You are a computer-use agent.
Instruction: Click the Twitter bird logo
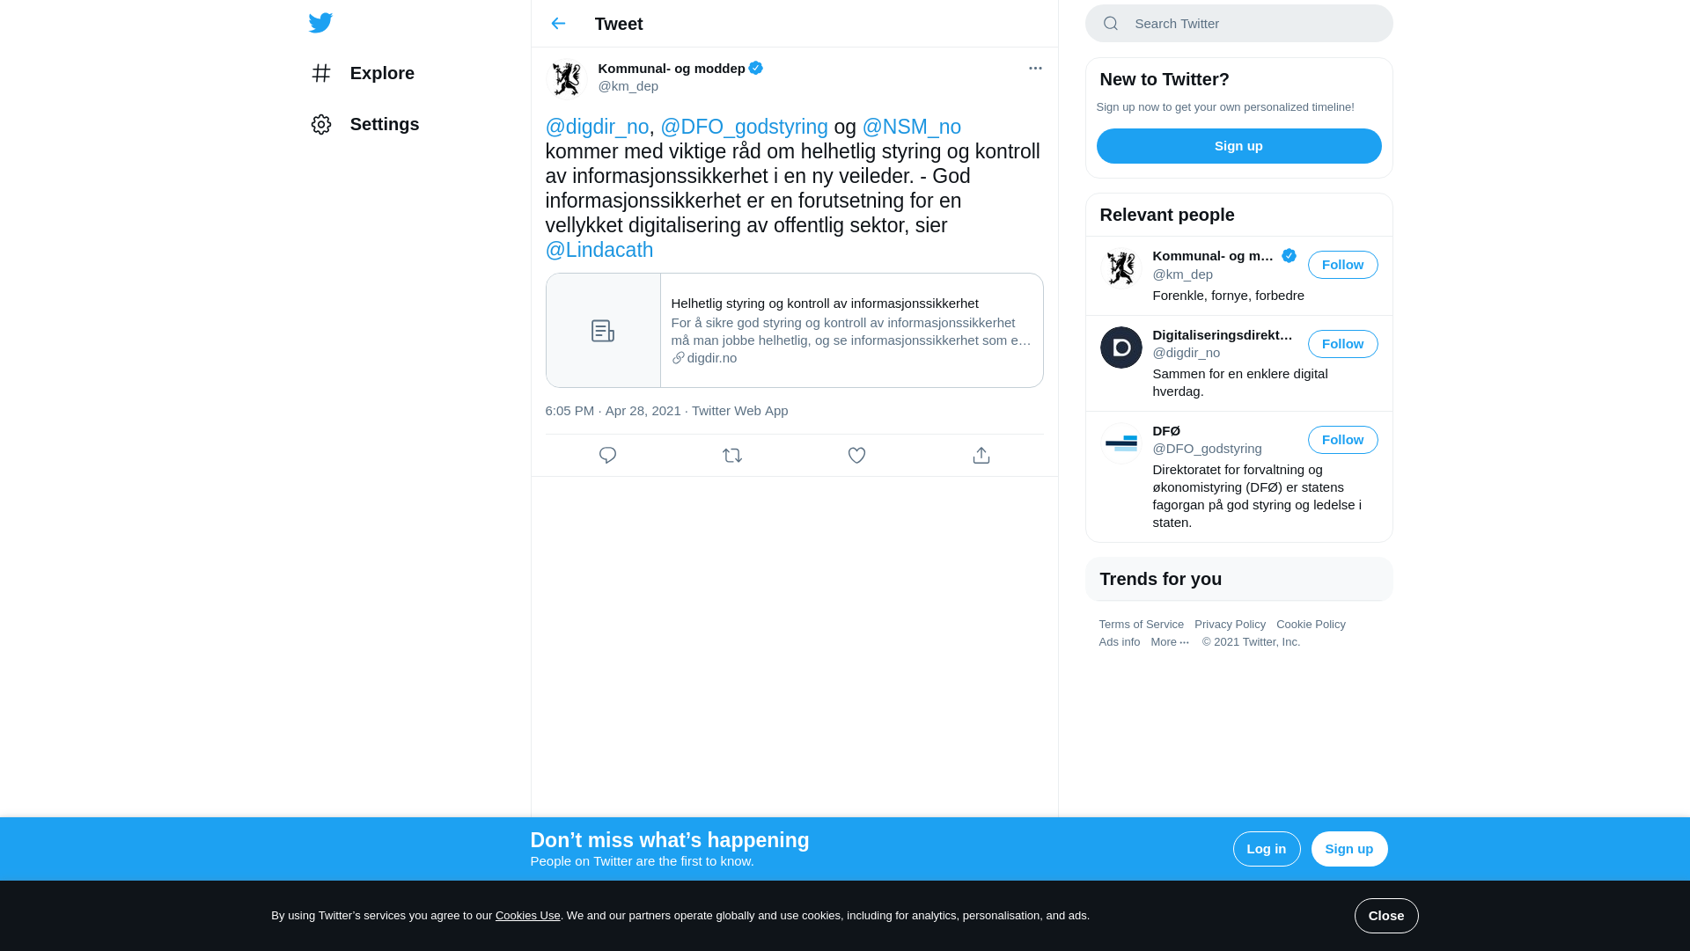[320, 23]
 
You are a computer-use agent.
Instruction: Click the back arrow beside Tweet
[558, 24]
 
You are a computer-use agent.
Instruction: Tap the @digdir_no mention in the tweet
[597, 127]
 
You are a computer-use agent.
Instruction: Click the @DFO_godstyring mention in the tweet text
[744, 127]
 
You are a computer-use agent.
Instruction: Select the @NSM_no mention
[911, 127]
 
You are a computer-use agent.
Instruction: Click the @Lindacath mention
[599, 250]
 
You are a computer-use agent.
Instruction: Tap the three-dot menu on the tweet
[1035, 69]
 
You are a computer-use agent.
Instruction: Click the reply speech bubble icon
[607, 456]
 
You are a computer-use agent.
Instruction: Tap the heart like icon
[856, 456]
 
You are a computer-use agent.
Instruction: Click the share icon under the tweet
[981, 456]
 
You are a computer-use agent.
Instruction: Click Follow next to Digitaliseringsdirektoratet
[1342, 344]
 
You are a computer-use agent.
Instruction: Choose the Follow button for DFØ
[1342, 440]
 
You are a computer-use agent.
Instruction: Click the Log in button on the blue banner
[1266, 849]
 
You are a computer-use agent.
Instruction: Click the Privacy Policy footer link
[1230, 625]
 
